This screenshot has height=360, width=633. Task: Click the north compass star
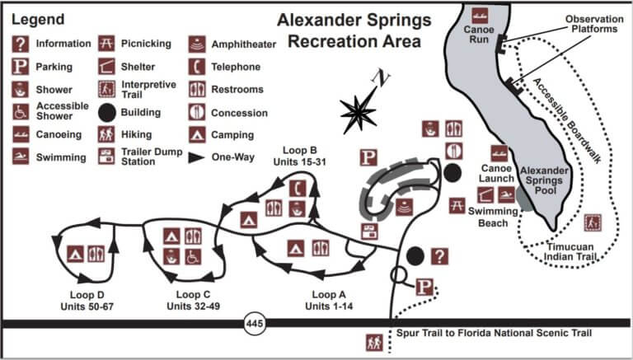[x=359, y=111]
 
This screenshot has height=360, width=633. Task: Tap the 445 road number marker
[x=255, y=325]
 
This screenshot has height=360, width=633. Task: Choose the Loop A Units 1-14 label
[x=329, y=301]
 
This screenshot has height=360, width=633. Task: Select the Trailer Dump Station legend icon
[x=106, y=157]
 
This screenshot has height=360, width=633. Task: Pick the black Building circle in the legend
[x=106, y=111]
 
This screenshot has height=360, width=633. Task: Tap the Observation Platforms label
[x=590, y=24]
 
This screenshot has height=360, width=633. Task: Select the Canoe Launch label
[x=498, y=175]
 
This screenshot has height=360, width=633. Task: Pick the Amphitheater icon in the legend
[x=197, y=44]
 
